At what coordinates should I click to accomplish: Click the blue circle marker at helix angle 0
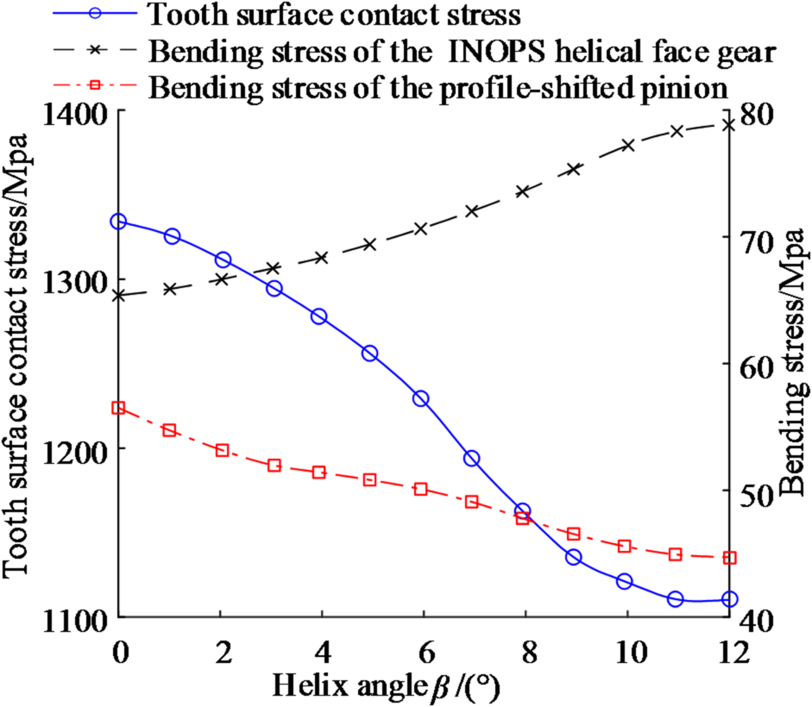119,222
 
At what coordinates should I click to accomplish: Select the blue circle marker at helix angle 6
421,398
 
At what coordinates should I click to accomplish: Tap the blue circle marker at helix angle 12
730,598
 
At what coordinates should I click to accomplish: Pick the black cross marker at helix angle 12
730,124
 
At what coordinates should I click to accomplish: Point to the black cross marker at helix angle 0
119,295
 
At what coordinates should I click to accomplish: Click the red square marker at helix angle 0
119,408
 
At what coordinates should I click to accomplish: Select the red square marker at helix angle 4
319,472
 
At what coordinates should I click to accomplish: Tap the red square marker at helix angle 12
730,558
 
